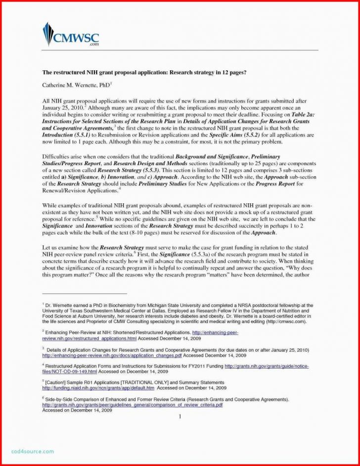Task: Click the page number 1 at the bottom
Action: pos(180,417)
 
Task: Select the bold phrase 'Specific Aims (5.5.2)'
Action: pos(243,135)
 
